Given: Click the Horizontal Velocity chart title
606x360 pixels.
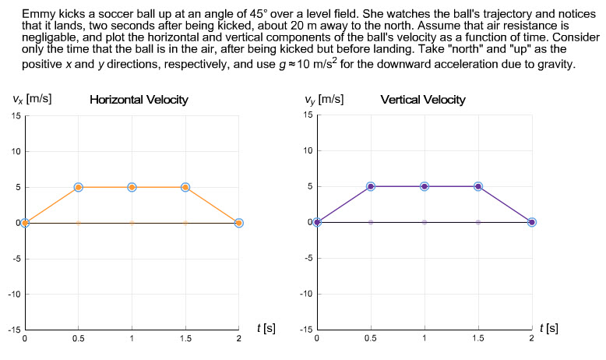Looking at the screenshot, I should (x=139, y=100).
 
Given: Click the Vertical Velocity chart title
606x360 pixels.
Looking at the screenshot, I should (x=423, y=100).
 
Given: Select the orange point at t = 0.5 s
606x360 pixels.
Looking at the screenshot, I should (x=78, y=187).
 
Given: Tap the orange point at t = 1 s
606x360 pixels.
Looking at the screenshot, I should (x=132, y=187).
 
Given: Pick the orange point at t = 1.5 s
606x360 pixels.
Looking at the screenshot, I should (x=185, y=187).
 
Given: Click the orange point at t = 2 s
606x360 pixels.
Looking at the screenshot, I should (x=239, y=223).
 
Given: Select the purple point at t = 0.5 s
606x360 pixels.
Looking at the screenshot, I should (x=371, y=186).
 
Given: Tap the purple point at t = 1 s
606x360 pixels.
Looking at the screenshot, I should (x=425, y=186).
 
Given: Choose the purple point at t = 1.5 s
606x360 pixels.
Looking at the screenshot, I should (x=478, y=186).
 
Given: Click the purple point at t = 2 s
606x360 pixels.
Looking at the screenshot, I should (x=532, y=222).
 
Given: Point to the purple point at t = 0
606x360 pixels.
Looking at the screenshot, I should (x=317, y=222).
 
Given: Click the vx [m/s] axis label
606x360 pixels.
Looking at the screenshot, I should (x=32, y=99).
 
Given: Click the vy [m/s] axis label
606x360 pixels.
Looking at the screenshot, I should (x=325, y=99).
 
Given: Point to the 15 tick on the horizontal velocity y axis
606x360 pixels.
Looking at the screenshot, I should (x=16, y=116).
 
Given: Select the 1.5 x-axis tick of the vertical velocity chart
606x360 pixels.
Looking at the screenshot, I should (x=478, y=340).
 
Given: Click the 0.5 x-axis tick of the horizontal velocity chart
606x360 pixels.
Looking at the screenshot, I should (x=78, y=340).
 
